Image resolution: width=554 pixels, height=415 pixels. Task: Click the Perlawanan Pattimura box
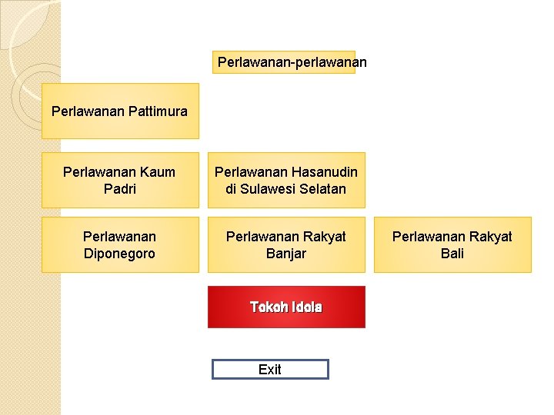(x=120, y=111)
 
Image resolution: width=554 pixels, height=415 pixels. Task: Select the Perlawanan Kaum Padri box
(x=120, y=181)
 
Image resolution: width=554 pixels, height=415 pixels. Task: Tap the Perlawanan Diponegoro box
(x=120, y=244)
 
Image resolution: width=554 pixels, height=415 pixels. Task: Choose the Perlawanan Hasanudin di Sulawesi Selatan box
(x=286, y=181)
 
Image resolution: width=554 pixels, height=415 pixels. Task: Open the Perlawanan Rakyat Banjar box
(x=286, y=244)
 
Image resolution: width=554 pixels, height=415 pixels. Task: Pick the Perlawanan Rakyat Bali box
(x=452, y=244)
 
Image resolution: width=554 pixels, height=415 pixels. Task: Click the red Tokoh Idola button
(x=286, y=307)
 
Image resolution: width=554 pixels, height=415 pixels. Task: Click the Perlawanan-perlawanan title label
(x=284, y=61)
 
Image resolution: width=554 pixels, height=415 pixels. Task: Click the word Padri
(x=119, y=189)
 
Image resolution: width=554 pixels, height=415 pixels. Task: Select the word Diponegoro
(x=119, y=254)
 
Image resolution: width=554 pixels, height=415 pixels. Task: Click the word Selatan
(x=322, y=189)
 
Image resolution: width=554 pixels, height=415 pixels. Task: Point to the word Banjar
(x=286, y=254)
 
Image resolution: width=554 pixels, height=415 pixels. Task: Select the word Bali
(x=452, y=254)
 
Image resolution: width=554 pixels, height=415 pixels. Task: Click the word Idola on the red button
(x=307, y=307)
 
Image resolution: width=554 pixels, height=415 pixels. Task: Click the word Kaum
(x=159, y=172)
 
